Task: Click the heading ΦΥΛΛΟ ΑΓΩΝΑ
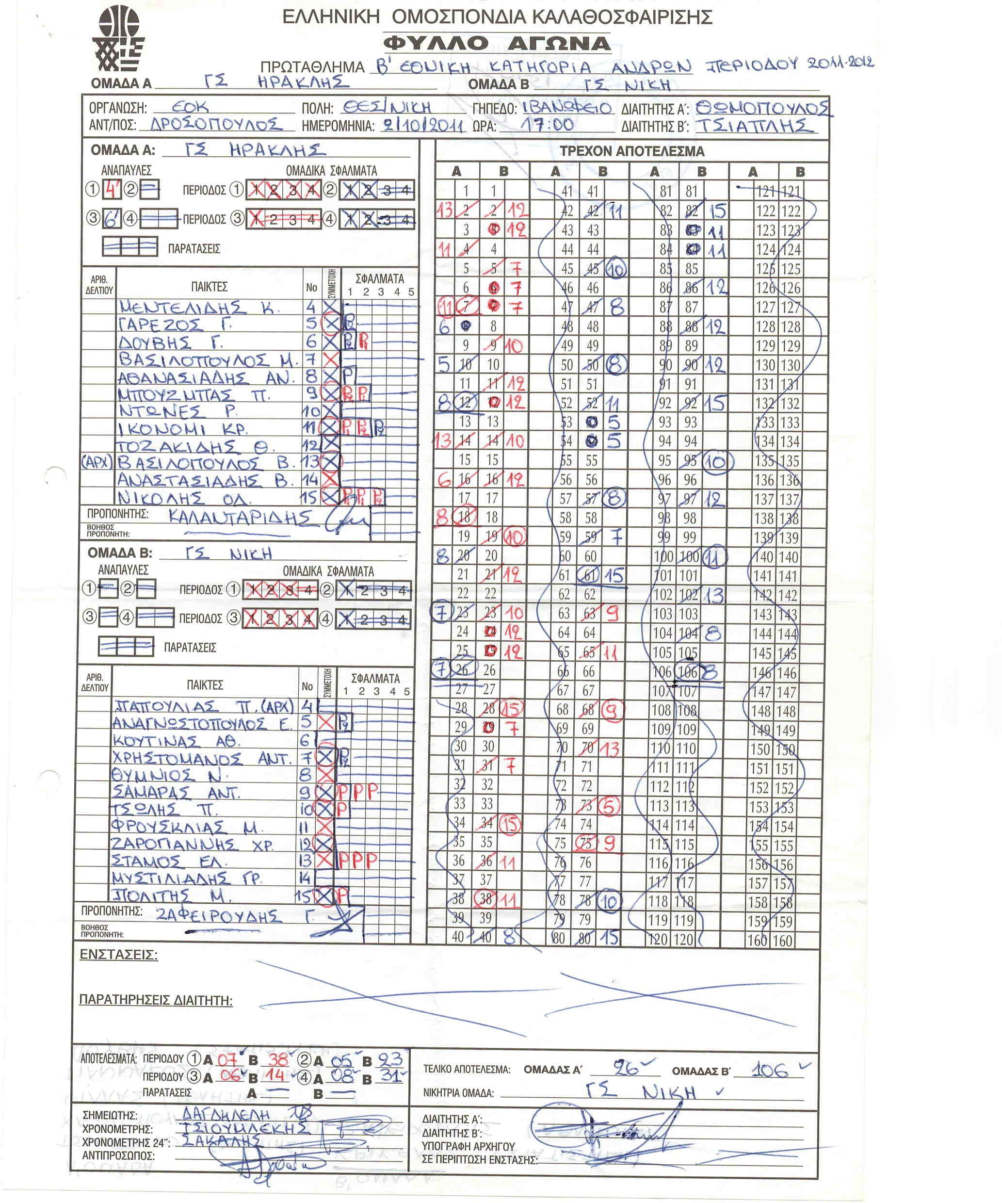point(497,44)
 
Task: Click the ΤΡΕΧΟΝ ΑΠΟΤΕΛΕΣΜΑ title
point(631,151)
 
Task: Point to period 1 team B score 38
point(278,1059)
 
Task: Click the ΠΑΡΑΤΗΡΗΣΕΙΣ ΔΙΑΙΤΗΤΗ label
point(155,1000)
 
